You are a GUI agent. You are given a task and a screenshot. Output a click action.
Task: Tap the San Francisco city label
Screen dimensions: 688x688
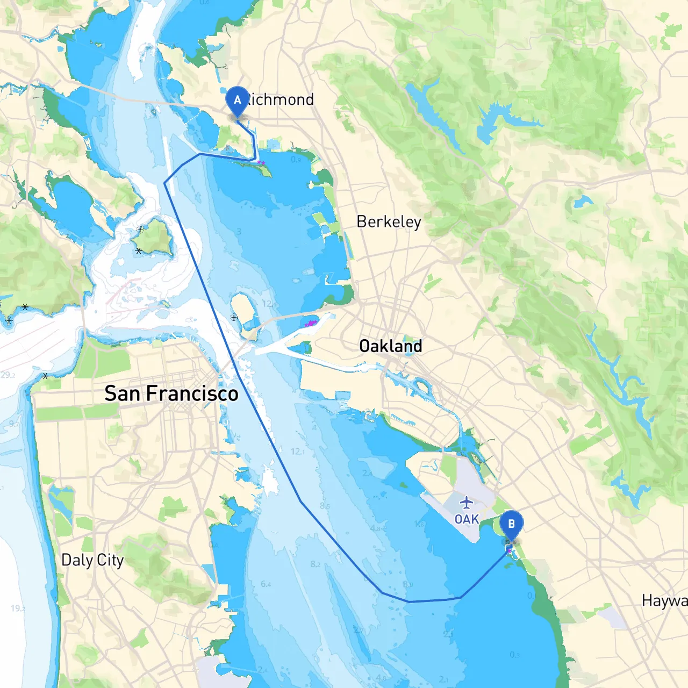(171, 393)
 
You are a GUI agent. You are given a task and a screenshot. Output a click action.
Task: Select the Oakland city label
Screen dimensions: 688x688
(390, 346)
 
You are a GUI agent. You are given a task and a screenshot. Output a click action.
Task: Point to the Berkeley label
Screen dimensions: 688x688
(389, 221)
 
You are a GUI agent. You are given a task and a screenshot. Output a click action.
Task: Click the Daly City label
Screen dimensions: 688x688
(92, 560)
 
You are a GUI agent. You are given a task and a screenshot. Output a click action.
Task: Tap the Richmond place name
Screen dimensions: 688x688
(279, 99)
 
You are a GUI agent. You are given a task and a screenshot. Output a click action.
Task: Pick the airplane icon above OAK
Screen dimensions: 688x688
(467, 503)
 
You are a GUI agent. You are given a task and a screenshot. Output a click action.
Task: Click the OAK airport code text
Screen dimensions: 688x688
(467, 519)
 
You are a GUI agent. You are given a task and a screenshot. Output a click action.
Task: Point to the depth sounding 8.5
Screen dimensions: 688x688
(325, 506)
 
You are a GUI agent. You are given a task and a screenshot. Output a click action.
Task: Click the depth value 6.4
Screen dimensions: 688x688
(266, 584)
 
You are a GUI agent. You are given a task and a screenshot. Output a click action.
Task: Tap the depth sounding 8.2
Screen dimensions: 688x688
(315, 564)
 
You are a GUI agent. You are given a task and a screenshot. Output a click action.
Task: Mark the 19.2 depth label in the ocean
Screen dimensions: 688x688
(18, 608)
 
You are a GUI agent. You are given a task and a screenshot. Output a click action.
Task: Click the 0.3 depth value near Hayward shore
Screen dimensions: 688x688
(514, 655)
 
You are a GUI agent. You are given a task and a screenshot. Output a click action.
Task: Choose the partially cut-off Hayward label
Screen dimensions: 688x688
(664, 600)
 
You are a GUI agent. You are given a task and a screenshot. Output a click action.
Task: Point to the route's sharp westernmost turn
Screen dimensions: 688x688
(164, 183)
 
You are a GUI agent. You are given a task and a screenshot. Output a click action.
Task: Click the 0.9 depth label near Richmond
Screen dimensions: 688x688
(296, 160)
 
